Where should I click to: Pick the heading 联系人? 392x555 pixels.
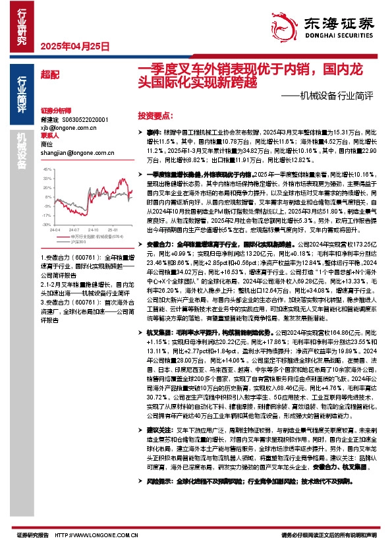pyautogui.click(x=49, y=136)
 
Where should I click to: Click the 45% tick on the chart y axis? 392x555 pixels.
pyautogui.click(x=48, y=169)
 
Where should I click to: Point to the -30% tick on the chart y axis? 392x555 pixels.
pyautogui.click(x=47, y=224)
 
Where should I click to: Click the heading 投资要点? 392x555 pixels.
pyautogui.click(x=155, y=115)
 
